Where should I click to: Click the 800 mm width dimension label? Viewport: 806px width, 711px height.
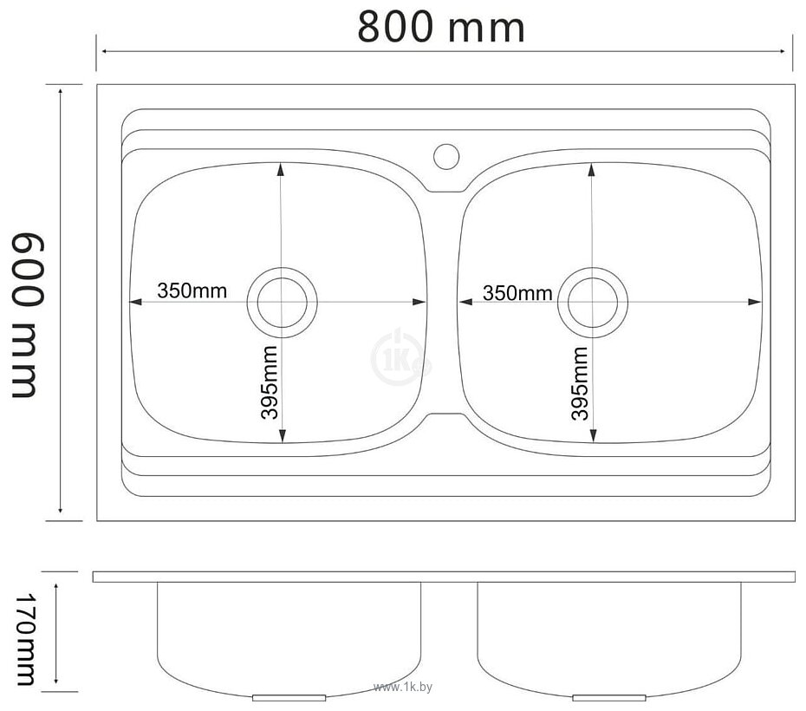441,27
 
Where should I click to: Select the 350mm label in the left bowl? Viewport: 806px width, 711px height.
192,290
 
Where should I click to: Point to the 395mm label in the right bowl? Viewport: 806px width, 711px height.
579,383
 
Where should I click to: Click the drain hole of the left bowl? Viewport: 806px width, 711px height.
283,302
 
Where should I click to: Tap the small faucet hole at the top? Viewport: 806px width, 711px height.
446,155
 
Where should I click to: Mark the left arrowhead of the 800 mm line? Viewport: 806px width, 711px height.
101,52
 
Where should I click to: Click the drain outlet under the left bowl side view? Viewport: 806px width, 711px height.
289,696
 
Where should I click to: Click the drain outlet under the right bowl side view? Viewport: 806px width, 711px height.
610,696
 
